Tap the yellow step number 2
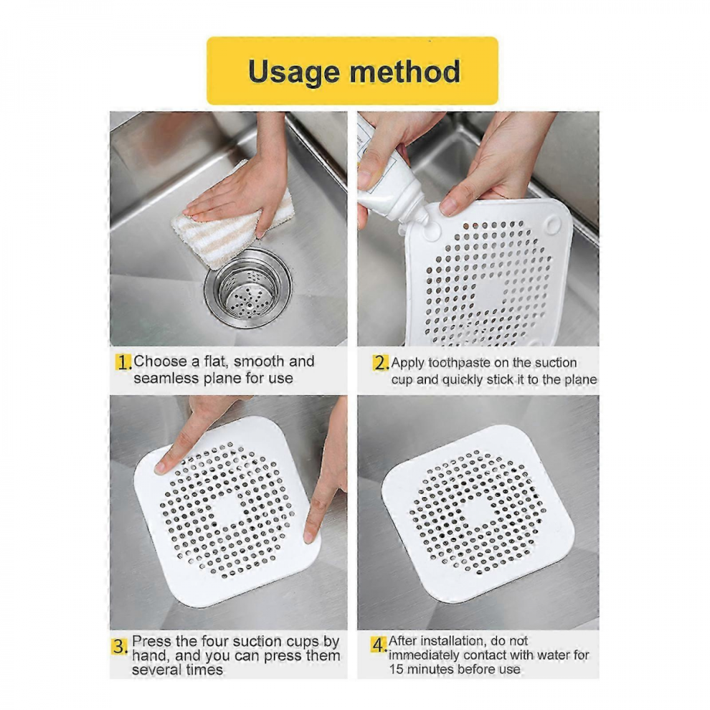(380, 363)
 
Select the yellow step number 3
(120, 646)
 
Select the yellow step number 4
(379, 644)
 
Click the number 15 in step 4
(396, 669)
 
